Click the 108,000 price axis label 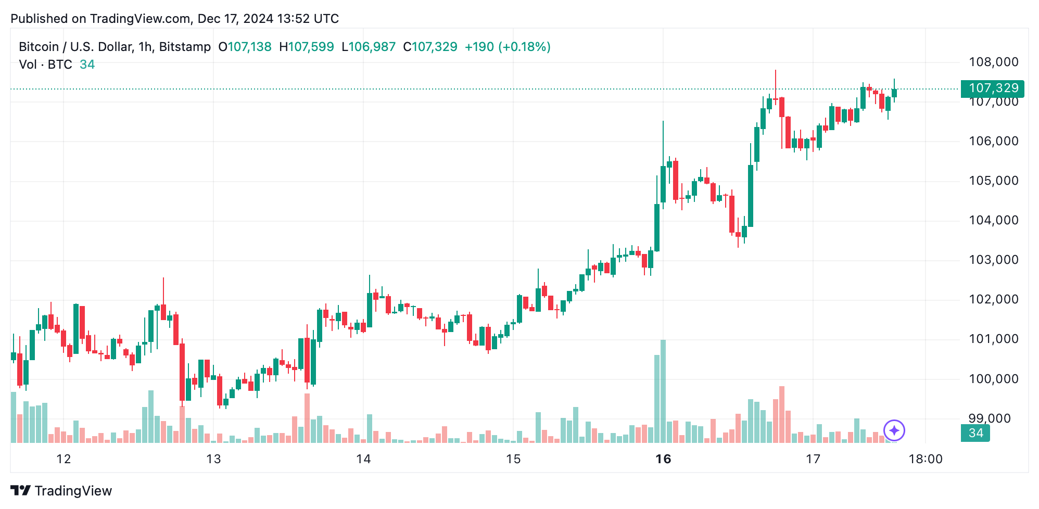coord(993,62)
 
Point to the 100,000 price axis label coord(993,379)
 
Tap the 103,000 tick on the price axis coord(993,260)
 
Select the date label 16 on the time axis coord(663,459)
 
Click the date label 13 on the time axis coord(213,459)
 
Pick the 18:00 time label coord(925,459)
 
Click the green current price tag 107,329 coord(992,88)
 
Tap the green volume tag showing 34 coord(975,433)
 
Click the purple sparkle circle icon coord(894,430)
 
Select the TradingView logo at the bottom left coord(61,491)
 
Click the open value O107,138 coord(245,47)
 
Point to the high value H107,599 coord(306,47)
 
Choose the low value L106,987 coord(369,47)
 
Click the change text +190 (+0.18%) coord(508,47)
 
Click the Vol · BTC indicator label coord(45,65)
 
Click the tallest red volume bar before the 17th coord(782,414)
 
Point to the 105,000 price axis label coord(993,181)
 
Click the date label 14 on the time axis coord(363,459)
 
